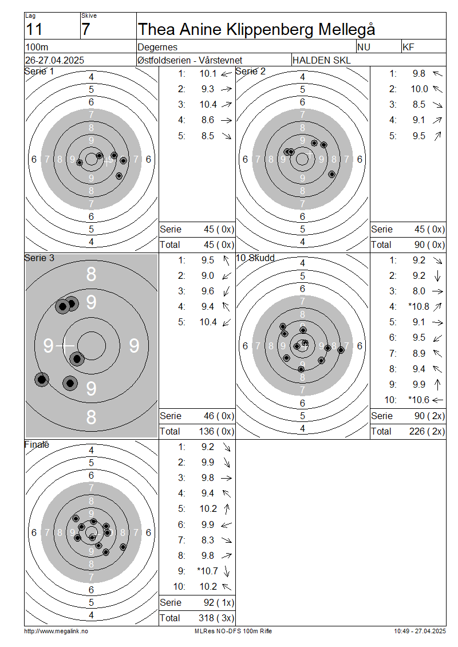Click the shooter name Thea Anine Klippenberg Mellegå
point(256,30)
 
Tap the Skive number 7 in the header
point(85,30)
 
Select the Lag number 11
point(34,30)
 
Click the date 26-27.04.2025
point(54,60)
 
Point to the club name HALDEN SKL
point(321,60)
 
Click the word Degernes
point(157,47)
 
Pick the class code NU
point(364,47)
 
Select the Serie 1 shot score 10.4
point(208,104)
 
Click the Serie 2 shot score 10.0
point(419,89)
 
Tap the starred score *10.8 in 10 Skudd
point(419,306)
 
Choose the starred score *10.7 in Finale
point(207,571)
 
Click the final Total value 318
point(206,618)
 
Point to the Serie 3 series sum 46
point(209,416)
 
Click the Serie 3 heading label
point(39,258)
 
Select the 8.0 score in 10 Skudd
point(419,291)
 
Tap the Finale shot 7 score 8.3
point(208,540)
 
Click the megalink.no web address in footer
point(56,631)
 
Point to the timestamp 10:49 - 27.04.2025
point(420,631)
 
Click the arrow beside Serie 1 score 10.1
point(227,74)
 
